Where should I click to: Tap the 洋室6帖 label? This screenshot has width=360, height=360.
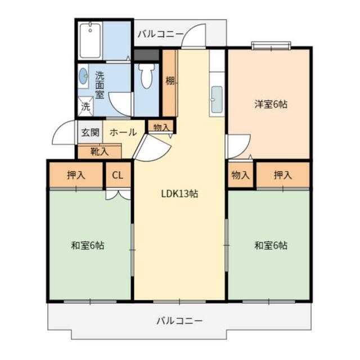click(270, 104)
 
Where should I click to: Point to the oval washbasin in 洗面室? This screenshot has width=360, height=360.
click(84, 76)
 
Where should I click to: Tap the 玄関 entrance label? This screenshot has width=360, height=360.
click(89, 133)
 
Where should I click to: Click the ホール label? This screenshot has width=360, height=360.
click(123, 133)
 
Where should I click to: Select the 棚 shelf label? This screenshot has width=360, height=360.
click(169, 82)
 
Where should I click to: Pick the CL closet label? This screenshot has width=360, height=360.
click(118, 175)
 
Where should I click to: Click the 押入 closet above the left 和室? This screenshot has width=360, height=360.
click(76, 175)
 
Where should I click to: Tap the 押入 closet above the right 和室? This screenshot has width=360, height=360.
click(283, 175)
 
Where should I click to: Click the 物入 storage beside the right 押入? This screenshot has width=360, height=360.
click(241, 175)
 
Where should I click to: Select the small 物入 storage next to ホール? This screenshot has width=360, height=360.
click(161, 127)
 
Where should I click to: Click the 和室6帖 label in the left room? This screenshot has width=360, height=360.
click(87, 245)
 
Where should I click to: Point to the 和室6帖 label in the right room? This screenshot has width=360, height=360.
click(271, 245)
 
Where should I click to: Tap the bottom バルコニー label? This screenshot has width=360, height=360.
click(179, 321)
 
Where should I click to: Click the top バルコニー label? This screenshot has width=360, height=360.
click(160, 34)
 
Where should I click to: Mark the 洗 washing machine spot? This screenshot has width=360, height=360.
click(85, 105)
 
